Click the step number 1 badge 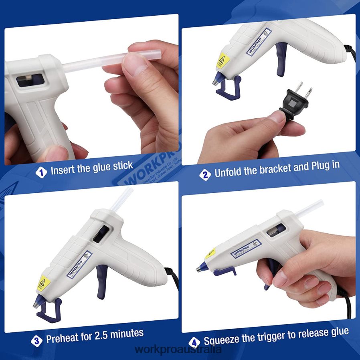coord(41,172)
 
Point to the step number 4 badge coord(194,342)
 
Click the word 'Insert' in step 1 coord(62,170)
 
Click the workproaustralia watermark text coord(179,350)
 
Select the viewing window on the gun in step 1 coord(30,80)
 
